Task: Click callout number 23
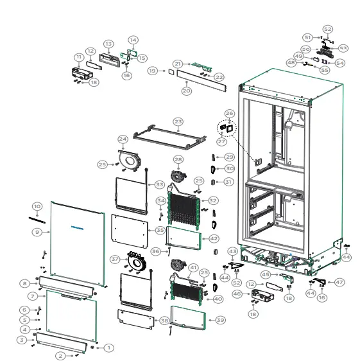pos(178,121)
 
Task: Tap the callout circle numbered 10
pos(37,206)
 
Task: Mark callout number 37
pos(116,260)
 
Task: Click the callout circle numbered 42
pos(214,238)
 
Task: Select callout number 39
pos(220,319)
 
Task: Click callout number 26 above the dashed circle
pos(229,113)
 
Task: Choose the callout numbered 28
pos(178,159)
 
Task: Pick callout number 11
pos(78,57)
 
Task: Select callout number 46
pos(255,294)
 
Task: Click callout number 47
pos(339,282)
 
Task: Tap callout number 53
pos(343,48)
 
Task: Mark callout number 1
pos(109,348)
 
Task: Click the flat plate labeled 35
pos(132,229)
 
